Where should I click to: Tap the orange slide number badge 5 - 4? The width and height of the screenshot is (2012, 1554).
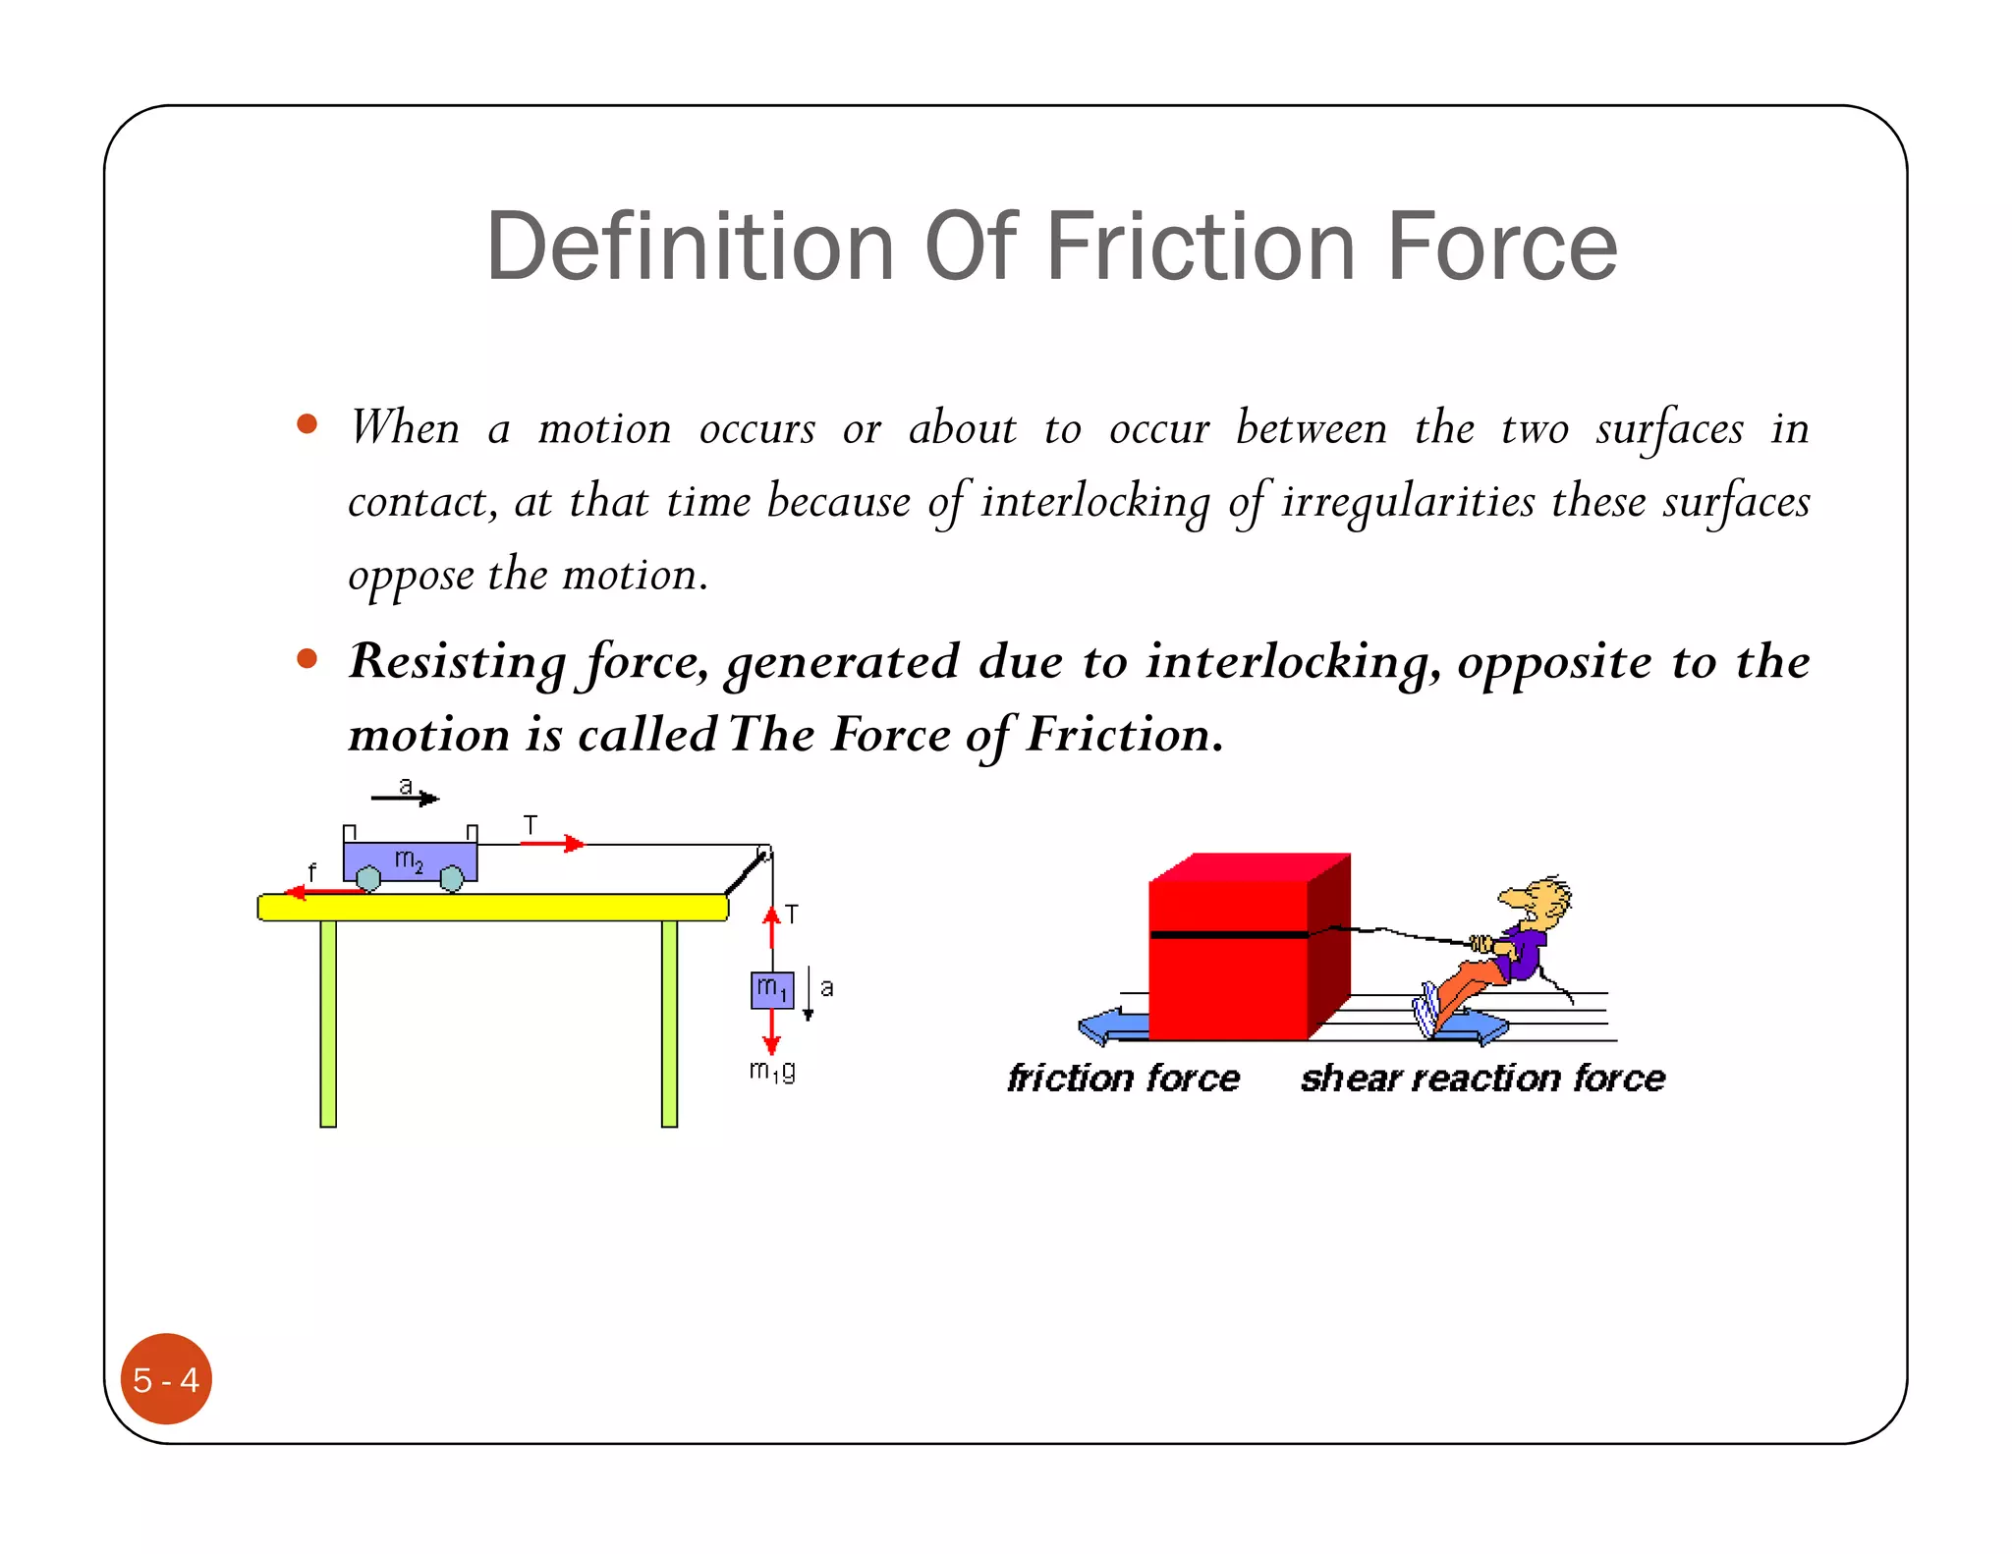click(x=166, y=1378)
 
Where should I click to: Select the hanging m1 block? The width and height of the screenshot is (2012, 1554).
click(x=772, y=989)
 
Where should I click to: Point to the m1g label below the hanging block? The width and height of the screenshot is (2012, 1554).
click(x=772, y=1070)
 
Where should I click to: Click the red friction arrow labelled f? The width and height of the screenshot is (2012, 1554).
click(x=324, y=892)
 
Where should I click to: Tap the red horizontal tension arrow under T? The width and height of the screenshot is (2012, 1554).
click(x=552, y=844)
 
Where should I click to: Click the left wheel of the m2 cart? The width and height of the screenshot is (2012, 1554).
click(x=368, y=878)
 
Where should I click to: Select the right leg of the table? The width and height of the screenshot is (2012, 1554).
click(x=669, y=1023)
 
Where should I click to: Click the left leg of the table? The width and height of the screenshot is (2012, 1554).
click(x=328, y=1023)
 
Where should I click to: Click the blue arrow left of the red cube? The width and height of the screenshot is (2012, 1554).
click(x=1112, y=1027)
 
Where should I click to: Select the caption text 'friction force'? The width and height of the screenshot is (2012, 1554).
click(x=1123, y=1079)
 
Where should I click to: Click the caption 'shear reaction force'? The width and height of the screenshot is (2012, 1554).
click(x=1482, y=1079)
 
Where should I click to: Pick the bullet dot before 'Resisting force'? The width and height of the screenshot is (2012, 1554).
click(x=307, y=658)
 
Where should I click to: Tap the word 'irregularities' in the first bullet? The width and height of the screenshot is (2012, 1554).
click(x=1407, y=502)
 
